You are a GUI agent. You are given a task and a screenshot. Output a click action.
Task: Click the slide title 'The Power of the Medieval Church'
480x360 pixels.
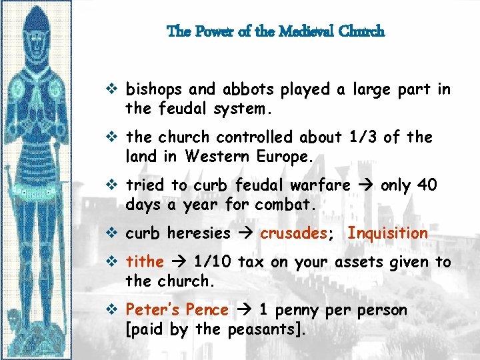click(275, 31)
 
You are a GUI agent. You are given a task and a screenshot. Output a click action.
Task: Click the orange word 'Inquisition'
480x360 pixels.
click(387, 233)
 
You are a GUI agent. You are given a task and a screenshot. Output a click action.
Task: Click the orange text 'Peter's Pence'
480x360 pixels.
click(177, 311)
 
